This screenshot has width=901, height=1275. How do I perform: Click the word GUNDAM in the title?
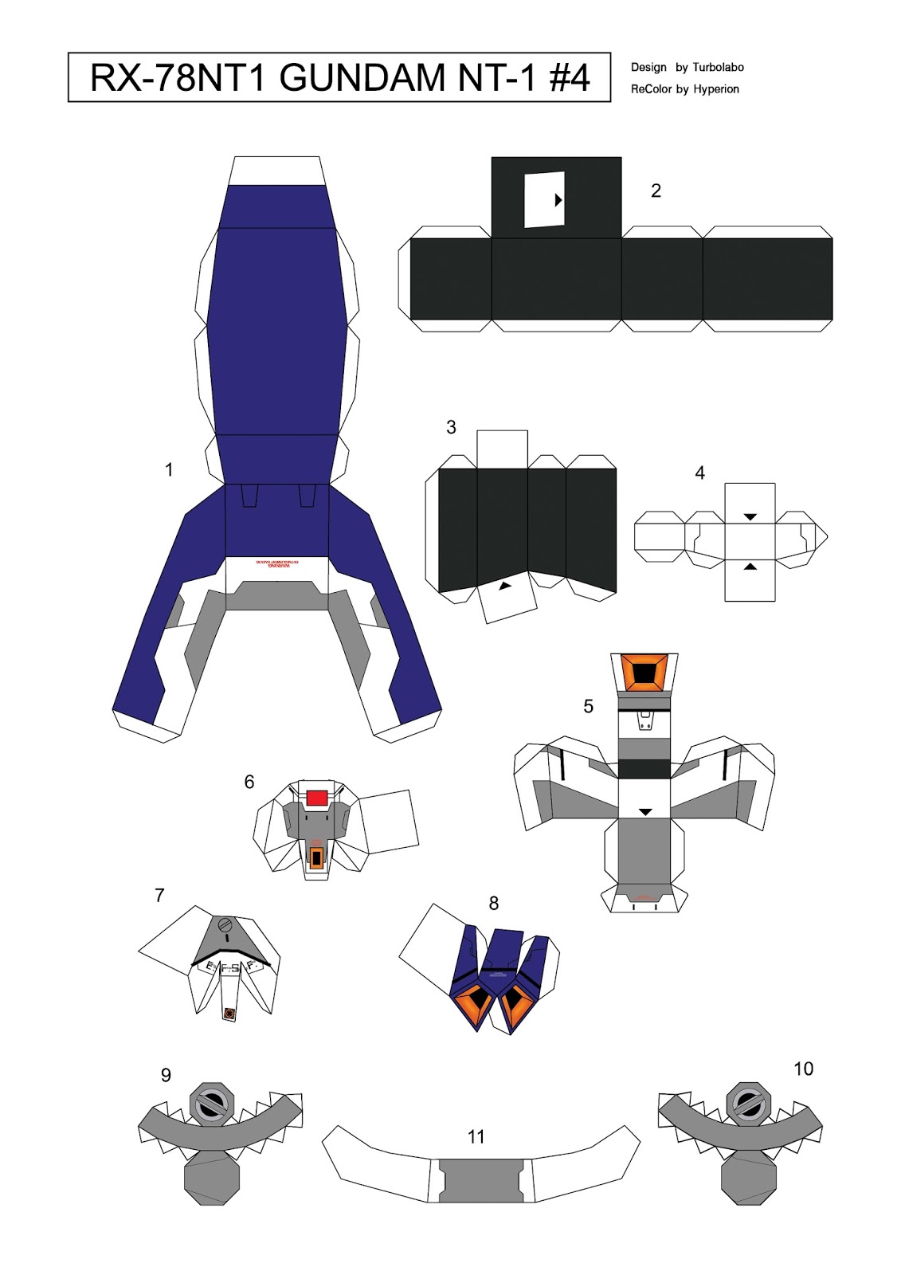362,78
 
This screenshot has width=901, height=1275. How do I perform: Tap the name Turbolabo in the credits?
718,68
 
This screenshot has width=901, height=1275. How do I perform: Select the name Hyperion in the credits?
716,89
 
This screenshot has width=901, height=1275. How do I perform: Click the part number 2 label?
656,190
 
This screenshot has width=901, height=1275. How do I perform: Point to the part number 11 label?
476,1137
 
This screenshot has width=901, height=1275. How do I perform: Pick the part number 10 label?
803,1069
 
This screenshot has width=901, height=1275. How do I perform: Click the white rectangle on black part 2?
544,199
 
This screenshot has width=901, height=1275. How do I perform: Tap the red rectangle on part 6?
317,798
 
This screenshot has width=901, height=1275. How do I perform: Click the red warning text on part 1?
277,563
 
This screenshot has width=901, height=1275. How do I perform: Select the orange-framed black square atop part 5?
644,673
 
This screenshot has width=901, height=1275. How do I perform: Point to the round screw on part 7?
225,926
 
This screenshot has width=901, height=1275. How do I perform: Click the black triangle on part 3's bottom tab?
504,586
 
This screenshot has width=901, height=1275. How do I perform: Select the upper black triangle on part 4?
750,517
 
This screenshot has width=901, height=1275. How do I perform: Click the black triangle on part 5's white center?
645,812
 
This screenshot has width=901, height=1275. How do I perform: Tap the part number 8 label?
494,903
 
